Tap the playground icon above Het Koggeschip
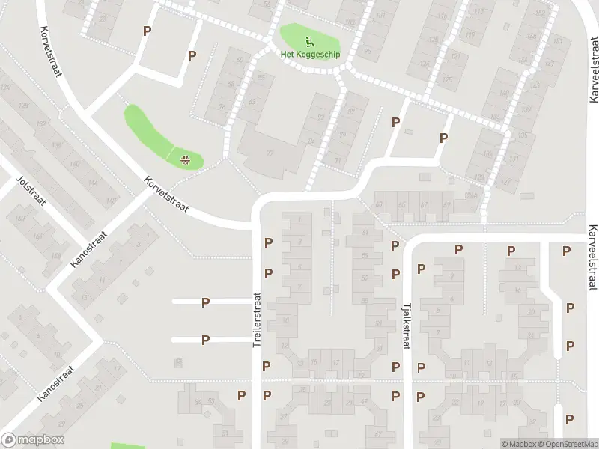tap(308, 40)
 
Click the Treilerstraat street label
tap(257, 319)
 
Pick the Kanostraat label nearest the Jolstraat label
tap(88, 249)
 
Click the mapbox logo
tap(33, 440)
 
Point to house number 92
tap(321, 118)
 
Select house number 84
tap(311, 141)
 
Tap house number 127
tap(505, 183)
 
